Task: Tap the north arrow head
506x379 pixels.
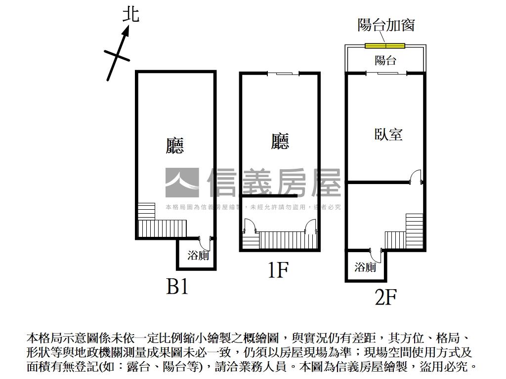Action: (126, 31)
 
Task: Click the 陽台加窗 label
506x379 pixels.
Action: (386, 25)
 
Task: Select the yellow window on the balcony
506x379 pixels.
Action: (385, 46)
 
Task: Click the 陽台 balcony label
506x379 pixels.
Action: (385, 60)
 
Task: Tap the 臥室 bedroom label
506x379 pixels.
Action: (388, 134)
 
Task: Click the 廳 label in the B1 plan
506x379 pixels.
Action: (174, 145)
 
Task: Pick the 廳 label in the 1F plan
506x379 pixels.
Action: (280, 142)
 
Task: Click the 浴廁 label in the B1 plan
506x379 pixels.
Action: (198, 255)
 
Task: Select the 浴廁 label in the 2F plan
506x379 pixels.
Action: (365, 267)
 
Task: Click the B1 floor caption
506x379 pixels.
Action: (177, 286)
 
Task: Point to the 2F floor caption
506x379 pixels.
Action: (386, 297)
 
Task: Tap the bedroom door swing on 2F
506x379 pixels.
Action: (416, 177)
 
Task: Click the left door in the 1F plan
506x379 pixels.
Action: (250, 226)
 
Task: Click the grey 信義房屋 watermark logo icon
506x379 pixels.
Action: (182, 183)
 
